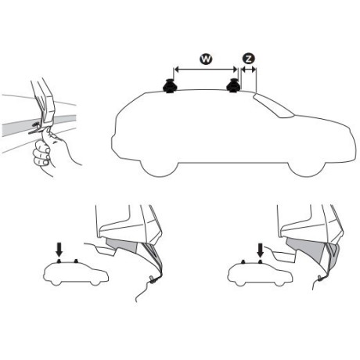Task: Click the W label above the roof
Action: (x=204, y=59)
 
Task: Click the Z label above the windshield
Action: (x=249, y=59)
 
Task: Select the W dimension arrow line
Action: (x=204, y=70)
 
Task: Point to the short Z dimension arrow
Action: (x=249, y=70)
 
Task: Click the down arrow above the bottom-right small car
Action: (x=261, y=250)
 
